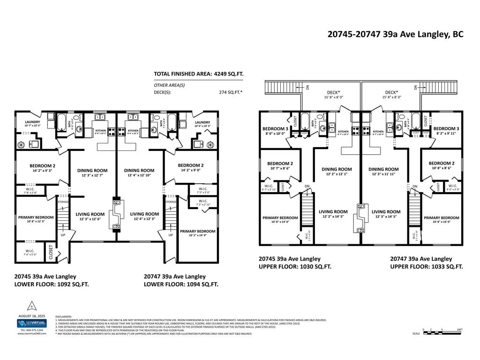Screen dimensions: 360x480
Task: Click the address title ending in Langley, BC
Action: tap(395, 34)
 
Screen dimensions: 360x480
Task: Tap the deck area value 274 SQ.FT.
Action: tap(228, 92)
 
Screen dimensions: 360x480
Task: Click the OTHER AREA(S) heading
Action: tap(169, 85)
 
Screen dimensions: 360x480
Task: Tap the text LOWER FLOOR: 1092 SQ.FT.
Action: tap(52, 284)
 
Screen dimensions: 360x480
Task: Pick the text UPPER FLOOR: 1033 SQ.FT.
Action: tap(427, 266)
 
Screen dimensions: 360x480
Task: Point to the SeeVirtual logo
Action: tap(31, 323)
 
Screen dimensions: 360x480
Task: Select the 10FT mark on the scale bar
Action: tap(460, 330)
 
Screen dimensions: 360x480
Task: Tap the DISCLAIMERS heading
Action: tap(64, 316)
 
